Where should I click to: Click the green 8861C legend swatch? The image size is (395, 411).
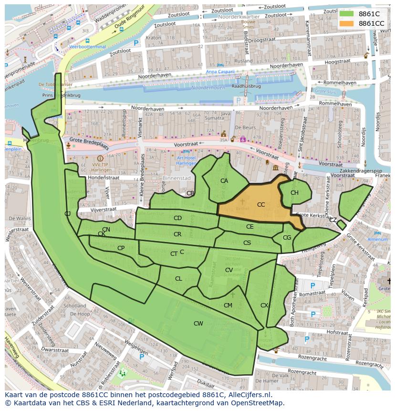347,14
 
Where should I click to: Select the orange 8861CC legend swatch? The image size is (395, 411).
347,23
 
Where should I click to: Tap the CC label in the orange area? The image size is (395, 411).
261,205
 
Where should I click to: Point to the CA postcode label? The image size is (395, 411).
224,181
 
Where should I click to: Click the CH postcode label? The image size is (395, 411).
294,193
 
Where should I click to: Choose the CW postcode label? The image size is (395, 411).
198,323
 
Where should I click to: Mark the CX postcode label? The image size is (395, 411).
264,306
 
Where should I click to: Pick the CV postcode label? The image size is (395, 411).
229,270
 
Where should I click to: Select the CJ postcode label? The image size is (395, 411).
68,213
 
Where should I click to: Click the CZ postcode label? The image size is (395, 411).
333,220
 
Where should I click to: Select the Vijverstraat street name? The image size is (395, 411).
97,209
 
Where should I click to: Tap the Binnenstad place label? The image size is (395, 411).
176,178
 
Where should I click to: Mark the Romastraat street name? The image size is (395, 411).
312,295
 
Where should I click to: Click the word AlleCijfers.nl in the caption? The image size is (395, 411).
248,395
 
